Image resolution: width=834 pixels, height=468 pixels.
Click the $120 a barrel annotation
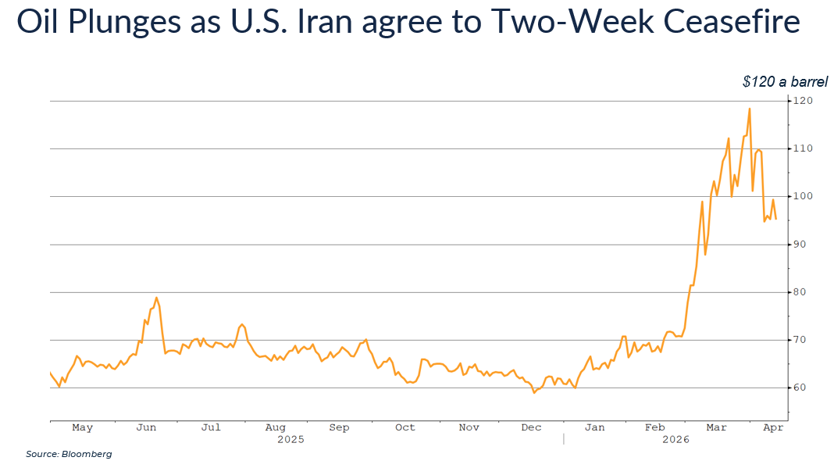coord(783,81)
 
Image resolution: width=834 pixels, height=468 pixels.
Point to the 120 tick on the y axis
coord(803,101)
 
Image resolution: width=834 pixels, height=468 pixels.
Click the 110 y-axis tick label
coord(803,148)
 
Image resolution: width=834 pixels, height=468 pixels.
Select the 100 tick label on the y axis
coord(803,196)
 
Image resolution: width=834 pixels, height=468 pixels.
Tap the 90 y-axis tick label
coord(800,245)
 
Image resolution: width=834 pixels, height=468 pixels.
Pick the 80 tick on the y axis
coord(800,292)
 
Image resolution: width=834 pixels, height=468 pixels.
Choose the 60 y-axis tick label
coord(800,388)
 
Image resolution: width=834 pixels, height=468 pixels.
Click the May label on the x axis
coord(82,428)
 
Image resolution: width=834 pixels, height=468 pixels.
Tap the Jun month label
coord(146,428)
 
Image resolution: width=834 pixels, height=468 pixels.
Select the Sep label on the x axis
coord(339,428)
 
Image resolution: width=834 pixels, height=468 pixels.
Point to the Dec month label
coord(531,428)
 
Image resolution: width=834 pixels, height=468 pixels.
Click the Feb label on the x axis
coord(654,428)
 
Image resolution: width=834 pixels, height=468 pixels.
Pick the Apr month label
coord(772,428)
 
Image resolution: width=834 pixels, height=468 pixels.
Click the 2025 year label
coord(290,440)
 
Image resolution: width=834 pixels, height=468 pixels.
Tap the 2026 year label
coord(675,440)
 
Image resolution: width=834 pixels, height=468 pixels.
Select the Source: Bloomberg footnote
coord(69,454)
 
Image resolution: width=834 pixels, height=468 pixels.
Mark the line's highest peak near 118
coord(749,109)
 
